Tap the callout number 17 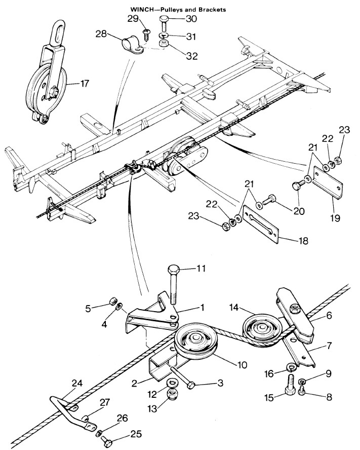click(85, 84)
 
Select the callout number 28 click(101, 34)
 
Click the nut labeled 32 click(164, 45)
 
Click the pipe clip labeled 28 click(132, 47)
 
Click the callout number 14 click(234, 308)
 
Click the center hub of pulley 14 click(262, 327)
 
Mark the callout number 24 click(77, 384)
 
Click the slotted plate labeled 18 click(261, 224)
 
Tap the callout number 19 click(335, 218)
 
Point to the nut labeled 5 click(112, 302)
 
